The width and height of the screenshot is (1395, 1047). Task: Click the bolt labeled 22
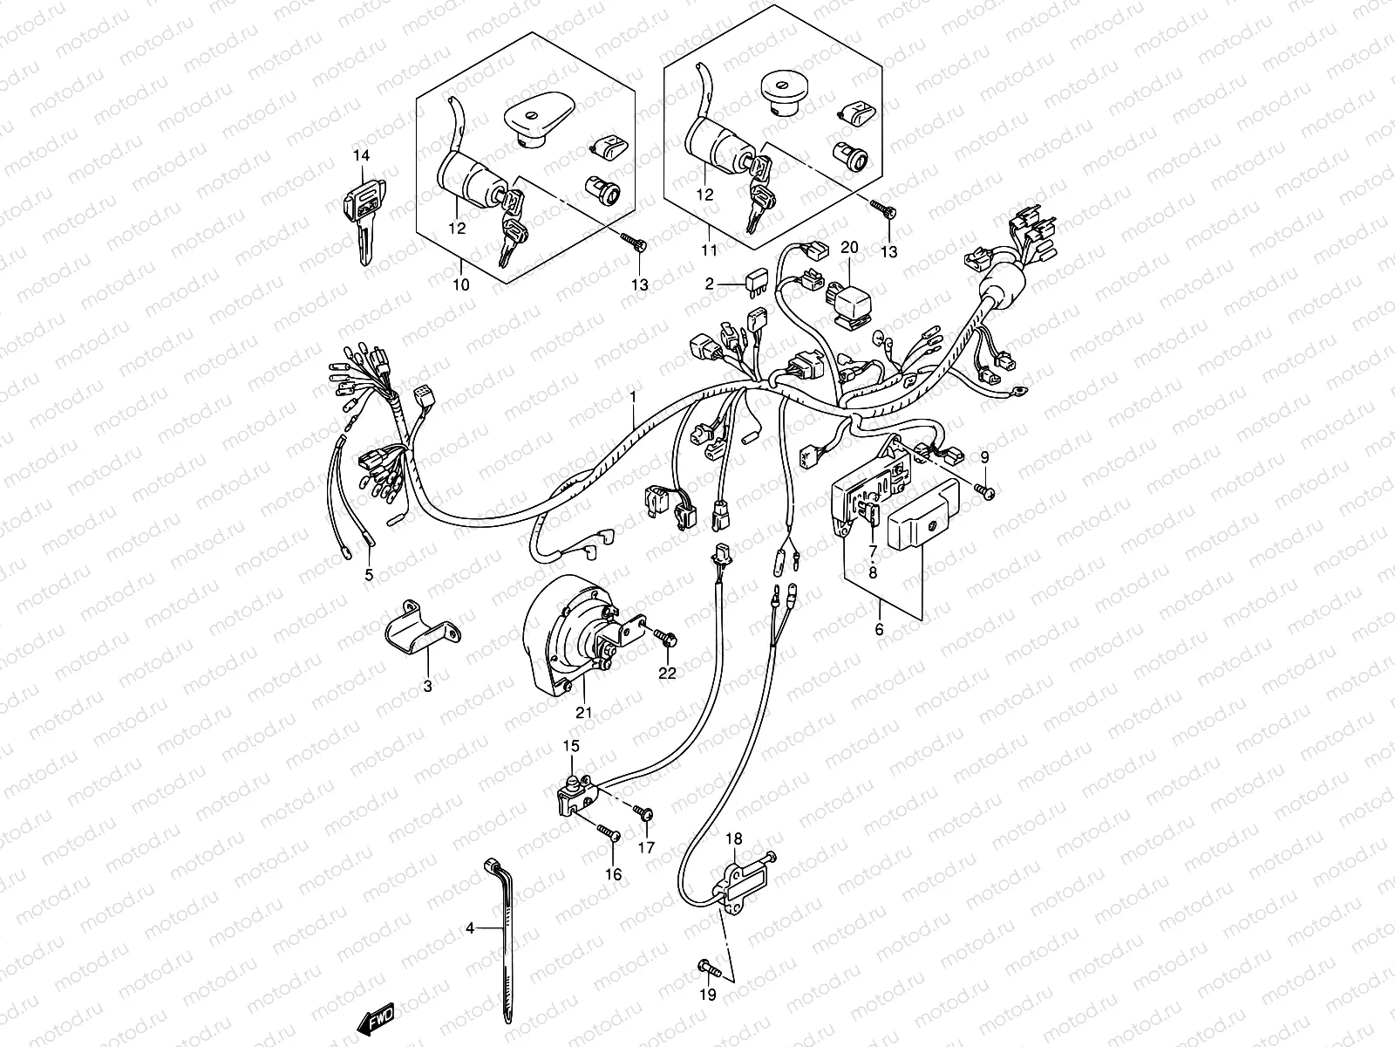coord(668,639)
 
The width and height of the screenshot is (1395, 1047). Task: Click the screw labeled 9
coord(984,492)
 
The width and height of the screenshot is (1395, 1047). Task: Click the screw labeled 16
coord(608,834)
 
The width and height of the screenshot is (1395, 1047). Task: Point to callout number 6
coord(878,628)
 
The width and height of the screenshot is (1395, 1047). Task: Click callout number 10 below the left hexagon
coord(461,284)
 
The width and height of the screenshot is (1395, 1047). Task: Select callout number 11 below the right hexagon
coord(708,250)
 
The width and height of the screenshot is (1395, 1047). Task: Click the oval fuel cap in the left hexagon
coord(534,120)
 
